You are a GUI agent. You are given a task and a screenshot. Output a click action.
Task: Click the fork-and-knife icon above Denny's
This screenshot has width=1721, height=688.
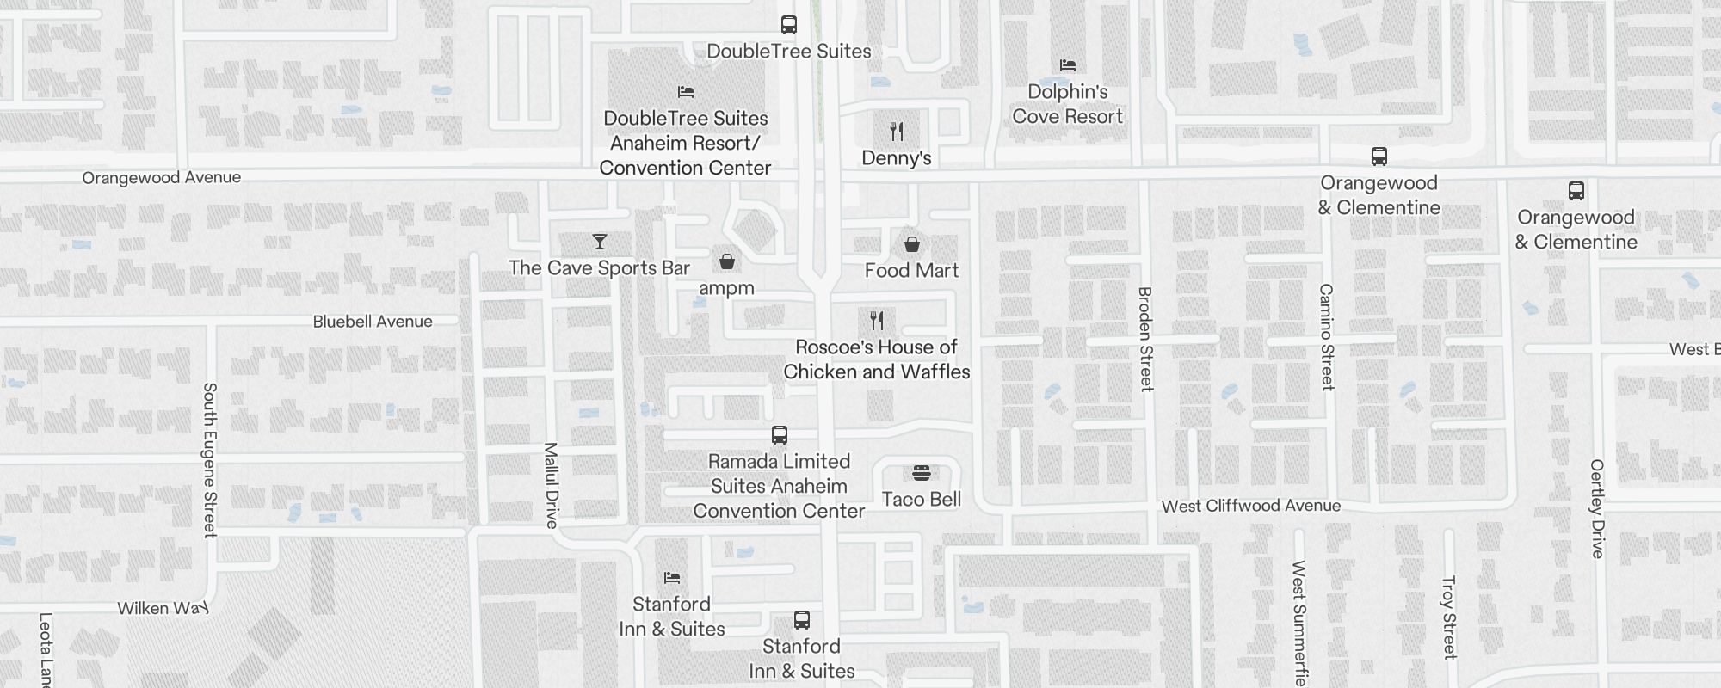(x=897, y=132)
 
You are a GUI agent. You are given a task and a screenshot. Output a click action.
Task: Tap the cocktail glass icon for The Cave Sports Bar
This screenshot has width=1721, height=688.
(x=600, y=242)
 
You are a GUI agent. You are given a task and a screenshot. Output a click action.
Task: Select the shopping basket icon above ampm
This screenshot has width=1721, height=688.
(x=727, y=261)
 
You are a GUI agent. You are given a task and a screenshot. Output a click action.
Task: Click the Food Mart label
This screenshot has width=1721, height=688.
(x=911, y=271)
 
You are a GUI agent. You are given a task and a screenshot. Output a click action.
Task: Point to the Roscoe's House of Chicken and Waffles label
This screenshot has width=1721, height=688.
(x=876, y=359)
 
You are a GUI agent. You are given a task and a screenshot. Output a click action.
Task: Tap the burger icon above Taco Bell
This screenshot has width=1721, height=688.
(x=922, y=473)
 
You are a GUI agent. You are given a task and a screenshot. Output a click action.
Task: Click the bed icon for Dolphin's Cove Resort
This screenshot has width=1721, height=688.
(x=1068, y=65)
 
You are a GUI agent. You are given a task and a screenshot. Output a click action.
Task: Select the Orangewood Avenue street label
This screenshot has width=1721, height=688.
(x=162, y=178)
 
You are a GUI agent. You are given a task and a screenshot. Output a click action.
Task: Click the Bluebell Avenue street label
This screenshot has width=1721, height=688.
(x=373, y=322)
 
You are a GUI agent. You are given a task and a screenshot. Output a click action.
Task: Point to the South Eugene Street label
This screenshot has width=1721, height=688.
(x=209, y=460)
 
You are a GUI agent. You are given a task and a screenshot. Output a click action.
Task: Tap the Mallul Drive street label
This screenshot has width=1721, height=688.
(x=552, y=485)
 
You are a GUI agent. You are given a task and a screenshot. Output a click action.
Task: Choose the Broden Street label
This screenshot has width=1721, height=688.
(x=1145, y=339)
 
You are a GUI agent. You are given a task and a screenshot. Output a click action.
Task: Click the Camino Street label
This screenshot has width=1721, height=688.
(x=1327, y=337)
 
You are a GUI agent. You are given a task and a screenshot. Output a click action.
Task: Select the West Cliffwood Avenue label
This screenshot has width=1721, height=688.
(x=1251, y=506)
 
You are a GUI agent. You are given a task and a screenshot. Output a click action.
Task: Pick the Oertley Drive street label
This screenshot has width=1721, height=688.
(x=1598, y=508)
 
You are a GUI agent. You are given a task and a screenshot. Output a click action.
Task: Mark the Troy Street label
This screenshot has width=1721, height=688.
(x=1449, y=617)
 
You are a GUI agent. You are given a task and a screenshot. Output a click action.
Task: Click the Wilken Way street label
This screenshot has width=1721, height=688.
(x=163, y=609)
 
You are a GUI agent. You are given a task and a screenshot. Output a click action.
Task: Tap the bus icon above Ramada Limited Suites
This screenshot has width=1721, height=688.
(x=780, y=435)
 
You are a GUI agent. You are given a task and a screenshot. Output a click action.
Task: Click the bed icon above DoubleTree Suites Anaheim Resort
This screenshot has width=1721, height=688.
(x=686, y=92)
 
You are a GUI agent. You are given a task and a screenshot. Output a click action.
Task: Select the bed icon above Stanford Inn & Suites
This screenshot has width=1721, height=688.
(x=672, y=578)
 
